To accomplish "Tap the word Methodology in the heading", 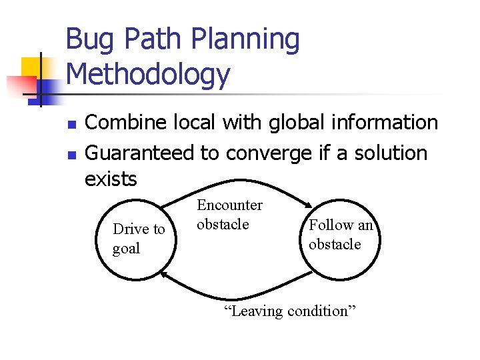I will (x=148, y=74).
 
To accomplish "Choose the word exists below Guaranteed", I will (x=111, y=179).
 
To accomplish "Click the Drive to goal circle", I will (x=138, y=239).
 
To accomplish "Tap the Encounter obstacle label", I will (x=229, y=215).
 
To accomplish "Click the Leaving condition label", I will (x=291, y=311).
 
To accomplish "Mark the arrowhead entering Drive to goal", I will (x=165, y=273).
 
